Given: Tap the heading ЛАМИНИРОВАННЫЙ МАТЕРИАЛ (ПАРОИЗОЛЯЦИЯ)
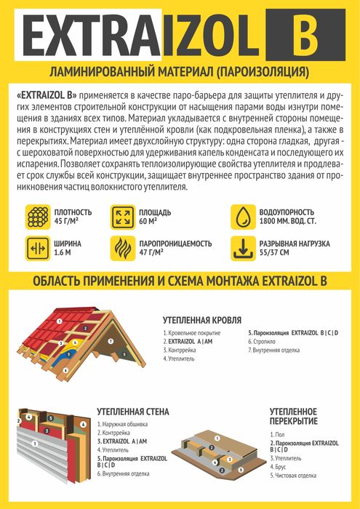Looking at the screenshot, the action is pos(179,73).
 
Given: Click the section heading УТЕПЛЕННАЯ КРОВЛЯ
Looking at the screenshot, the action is pos(201,319).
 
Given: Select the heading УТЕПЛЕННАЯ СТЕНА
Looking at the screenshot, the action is pos(133,412).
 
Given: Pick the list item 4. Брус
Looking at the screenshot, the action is pos(281,468).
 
